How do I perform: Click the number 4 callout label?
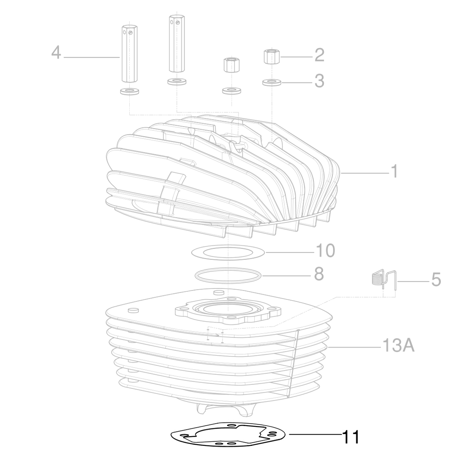[56, 52]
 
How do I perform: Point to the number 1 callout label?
[394, 171]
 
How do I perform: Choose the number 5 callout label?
[436, 280]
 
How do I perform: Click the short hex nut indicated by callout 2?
[271, 57]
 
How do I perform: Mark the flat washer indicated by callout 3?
[271, 82]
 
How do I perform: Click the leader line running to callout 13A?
[353, 346]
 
